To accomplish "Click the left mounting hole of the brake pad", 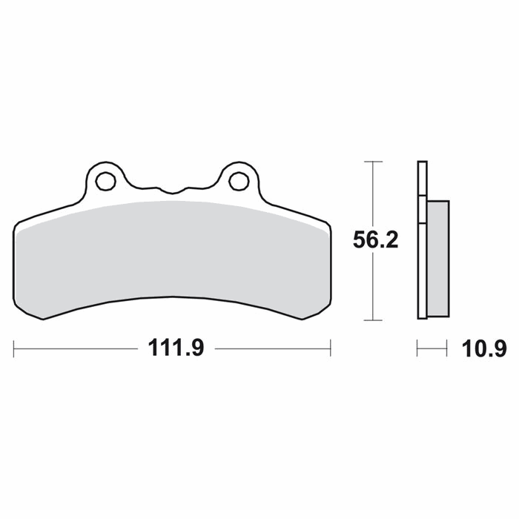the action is tap(105, 181).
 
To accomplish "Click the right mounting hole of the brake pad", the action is tap(239, 181).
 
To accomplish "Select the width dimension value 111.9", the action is tap(176, 348).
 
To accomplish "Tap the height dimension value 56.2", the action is tap(376, 240).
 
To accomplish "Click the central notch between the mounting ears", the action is tap(172, 191).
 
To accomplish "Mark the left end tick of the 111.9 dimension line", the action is tap(13, 348).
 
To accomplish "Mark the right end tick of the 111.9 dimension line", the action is tap(331, 348).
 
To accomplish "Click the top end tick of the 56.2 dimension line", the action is tap(373, 162).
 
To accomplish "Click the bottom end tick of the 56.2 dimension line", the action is tap(373, 320).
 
